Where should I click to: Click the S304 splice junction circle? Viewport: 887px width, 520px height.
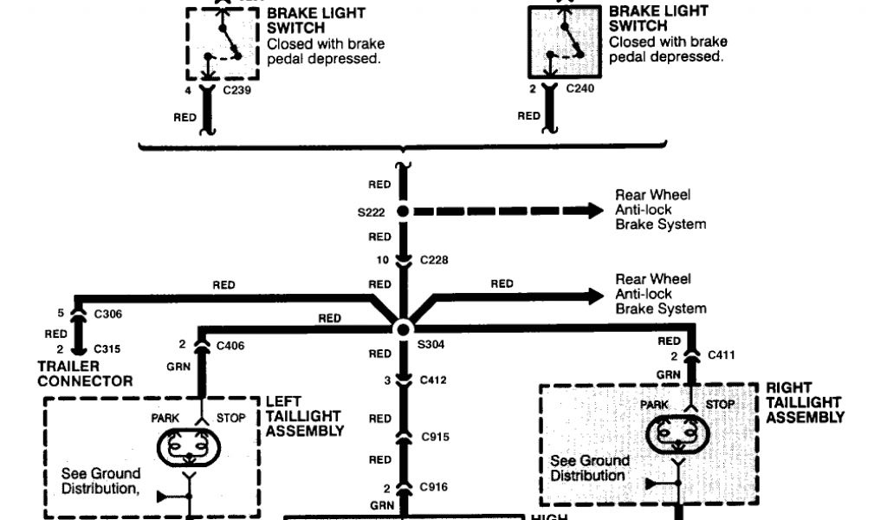click(x=403, y=329)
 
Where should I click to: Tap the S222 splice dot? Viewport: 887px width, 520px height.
click(x=403, y=211)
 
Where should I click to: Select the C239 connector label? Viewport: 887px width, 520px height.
click(x=236, y=88)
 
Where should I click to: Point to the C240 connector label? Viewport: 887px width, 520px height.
click(x=579, y=88)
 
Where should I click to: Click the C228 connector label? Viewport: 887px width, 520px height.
click(x=435, y=259)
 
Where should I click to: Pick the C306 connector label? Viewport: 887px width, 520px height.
click(x=107, y=314)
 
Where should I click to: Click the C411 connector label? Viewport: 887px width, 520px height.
click(x=722, y=354)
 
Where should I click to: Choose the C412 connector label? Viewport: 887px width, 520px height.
click(x=435, y=380)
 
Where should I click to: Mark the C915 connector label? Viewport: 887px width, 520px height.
click(x=435, y=437)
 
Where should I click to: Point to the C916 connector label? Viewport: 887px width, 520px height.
click(x=435, y=487)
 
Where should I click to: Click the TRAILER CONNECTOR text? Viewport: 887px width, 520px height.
click(x=85, y=374)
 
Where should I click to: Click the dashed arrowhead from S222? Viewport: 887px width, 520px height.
click(x=593, y=211)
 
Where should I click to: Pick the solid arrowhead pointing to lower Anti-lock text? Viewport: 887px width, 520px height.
click(x=593, y=296)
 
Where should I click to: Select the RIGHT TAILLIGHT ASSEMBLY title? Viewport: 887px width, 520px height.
click(x=805, y=402)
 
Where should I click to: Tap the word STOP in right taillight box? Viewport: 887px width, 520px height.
click(x=720, y=405)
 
